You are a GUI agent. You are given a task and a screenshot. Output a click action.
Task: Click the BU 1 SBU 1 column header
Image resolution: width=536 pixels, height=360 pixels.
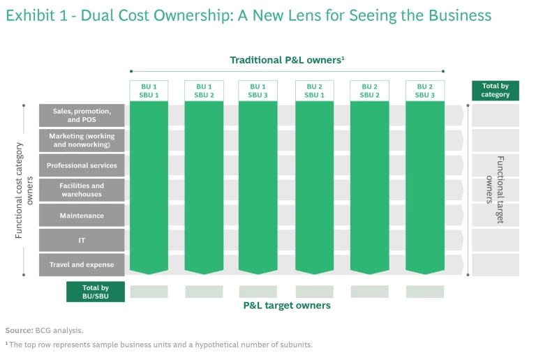pyautogui.click(x=149, y=91)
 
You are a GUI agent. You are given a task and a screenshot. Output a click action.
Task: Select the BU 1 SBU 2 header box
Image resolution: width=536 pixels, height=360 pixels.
pyautogui.click(x=204, y=91)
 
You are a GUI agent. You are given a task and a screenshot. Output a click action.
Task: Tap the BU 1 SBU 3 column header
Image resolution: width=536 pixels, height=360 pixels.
pyautogui.click(x=258, y=91)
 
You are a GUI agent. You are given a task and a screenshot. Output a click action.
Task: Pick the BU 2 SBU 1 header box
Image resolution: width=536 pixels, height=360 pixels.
pyautogui.click(x=314, y=91)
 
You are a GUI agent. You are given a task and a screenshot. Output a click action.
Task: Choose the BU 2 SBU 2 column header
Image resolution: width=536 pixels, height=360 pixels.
pyautogui.click(x=369, y=91)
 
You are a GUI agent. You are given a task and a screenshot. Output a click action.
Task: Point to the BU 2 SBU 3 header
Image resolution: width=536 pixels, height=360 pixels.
pyautogui.click(x=424, y=91)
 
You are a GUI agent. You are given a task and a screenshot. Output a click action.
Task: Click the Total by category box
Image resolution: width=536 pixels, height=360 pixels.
pyautogui.click(x=495, y=91)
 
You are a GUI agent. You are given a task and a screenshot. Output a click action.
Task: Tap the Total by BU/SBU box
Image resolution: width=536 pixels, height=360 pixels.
pyautogui.click(x=95, y=292)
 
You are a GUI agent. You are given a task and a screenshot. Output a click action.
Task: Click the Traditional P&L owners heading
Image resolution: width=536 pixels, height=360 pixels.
pyautogui.click(x=287, y=61)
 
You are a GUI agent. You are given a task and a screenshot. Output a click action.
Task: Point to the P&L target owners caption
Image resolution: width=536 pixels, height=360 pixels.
pyautogui.click(x=287, y=305)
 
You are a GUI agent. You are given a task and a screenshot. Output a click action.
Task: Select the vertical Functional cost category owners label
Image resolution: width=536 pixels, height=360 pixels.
pyautogui.click(x=24, y=190)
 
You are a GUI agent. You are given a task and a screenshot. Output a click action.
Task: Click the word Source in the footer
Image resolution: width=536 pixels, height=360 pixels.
pyautogui.click(x=18, y=330)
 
